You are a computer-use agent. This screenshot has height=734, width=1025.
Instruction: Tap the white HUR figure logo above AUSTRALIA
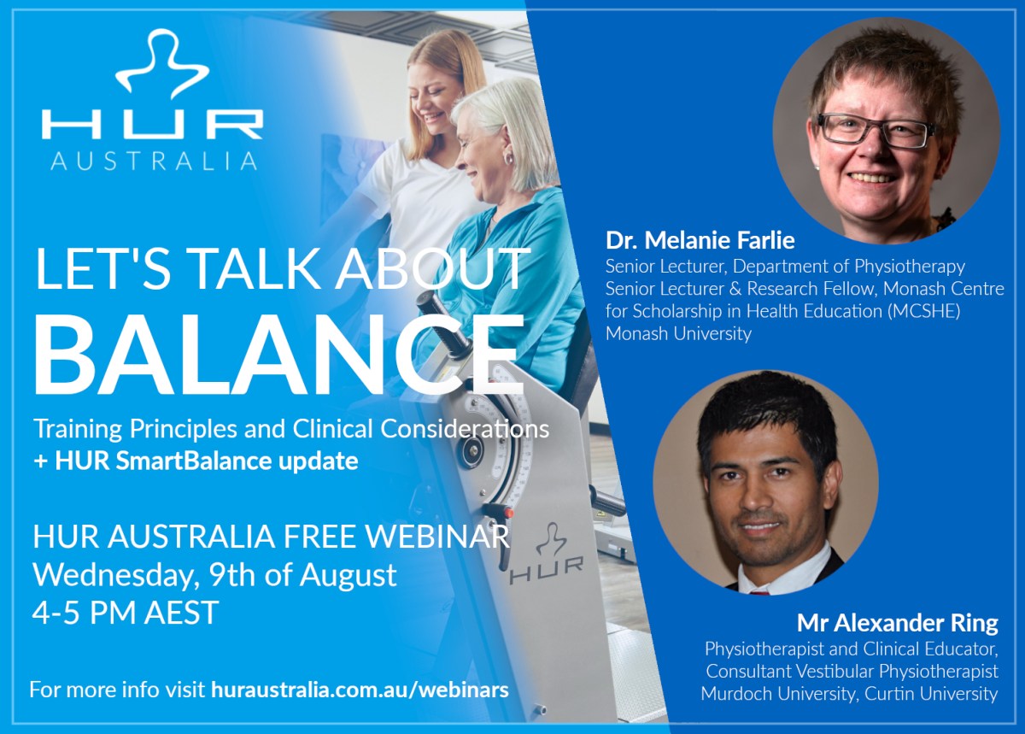pyautogui.click(x=161, y=64)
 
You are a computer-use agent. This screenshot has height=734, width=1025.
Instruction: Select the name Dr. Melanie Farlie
pyautogui.click(x=700, y=240)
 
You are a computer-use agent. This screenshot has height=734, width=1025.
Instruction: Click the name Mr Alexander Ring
pyautogui.click(x=898, y=623)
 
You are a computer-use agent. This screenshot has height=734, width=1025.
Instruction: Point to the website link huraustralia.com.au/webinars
pyautogui.click(x=360, y=689)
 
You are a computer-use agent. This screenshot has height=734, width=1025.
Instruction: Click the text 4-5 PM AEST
pyautogui.click(x=126, y=612)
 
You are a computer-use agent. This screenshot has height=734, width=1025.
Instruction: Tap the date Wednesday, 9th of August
pyautogui.click(x=214, y=575)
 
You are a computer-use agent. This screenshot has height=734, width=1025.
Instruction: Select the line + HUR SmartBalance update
pyautogui.click(x=196, y=461)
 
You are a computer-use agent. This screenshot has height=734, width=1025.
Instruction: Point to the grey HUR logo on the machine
pyautogui.click(x=547, y=555)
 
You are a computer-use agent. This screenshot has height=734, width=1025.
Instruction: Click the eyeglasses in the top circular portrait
pyautogui.click(x=876, y=132)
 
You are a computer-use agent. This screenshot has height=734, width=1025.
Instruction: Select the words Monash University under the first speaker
pyautogui.click(x=678, y=334)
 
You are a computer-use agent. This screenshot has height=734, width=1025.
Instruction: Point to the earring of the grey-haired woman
pyautogui.click(x=508, y=158)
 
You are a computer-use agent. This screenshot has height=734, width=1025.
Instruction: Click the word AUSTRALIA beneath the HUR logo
pyautogui.click(x=154, y=161)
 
